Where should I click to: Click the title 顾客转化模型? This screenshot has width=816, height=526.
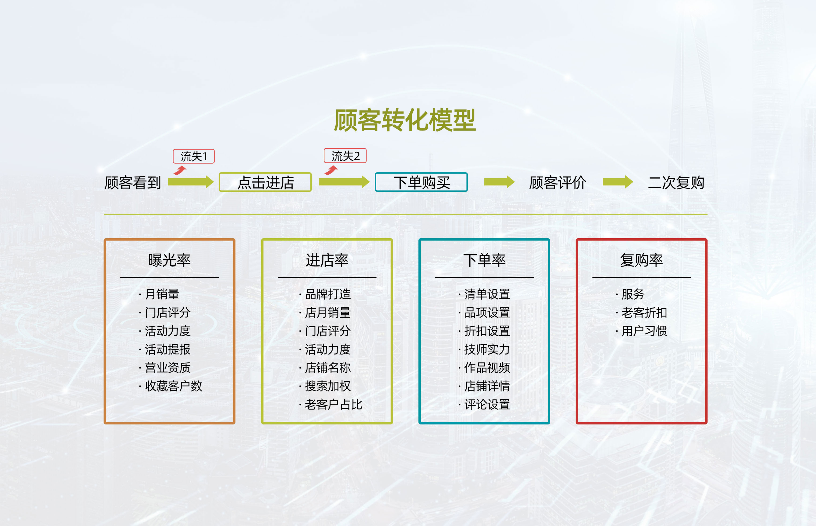405,120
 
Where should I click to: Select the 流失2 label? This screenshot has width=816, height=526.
345,156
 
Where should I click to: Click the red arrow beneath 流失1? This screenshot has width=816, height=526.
180,170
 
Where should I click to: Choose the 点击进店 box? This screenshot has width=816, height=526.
265,182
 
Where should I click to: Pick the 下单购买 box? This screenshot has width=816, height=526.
421,182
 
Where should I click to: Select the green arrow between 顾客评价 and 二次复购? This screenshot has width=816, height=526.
618,182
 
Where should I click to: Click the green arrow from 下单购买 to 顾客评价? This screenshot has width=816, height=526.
499,182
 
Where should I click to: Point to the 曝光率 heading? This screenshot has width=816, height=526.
170,260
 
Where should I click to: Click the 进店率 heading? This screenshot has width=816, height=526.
327,260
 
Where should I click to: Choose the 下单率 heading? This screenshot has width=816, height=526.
484,260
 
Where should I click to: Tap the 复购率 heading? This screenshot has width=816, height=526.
642,260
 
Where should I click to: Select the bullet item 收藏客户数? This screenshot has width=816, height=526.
173,386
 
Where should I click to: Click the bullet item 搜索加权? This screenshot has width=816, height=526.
328,386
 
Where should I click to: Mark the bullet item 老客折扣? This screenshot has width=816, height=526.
644,312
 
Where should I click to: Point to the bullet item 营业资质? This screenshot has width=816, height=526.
167,368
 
